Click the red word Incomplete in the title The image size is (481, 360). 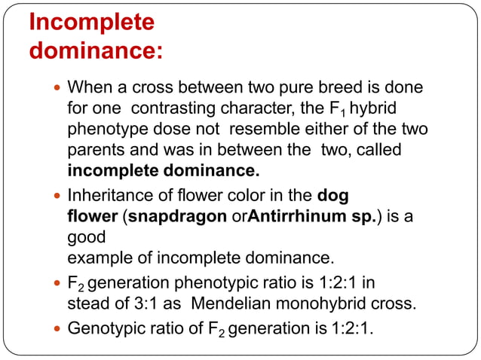pyautogui.click(x=91, y=23)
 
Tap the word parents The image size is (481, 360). pyautogui.click(x=94, y=151)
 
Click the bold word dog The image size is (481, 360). pyautogui.click(x=333, y=196)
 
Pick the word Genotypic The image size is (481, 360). pyautogui.click(x=103, y=329)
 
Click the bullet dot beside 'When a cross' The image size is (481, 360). pyautogui.click(x=58, y=88)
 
